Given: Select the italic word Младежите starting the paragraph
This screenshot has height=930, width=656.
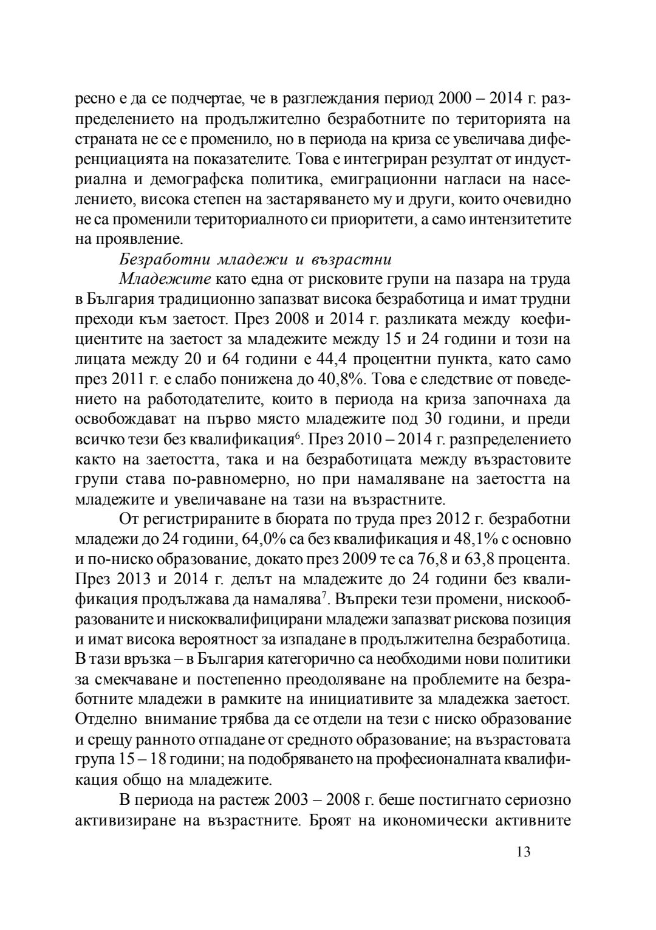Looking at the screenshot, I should click(x=165, y=279).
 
